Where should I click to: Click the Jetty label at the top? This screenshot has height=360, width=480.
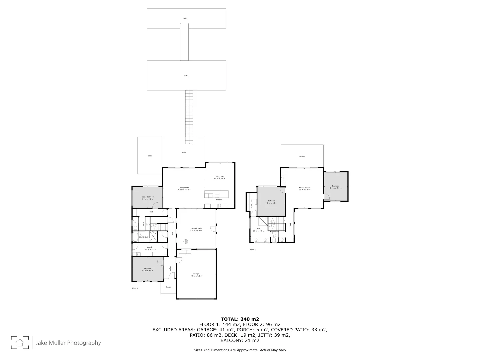click(x=185, y=18)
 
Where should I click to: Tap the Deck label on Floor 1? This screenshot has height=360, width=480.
click(x=150, y=156)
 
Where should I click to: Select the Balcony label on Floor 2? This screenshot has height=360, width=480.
click(x=302, y=156)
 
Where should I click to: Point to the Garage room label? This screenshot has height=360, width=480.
click(x=196, y=274)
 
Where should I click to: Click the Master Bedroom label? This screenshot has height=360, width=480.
click(x=147, y=197)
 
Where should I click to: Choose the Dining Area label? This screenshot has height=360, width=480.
click(x=219, y=177)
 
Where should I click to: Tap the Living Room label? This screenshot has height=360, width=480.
click(x=184, y=188)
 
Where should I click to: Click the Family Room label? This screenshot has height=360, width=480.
click(x=304, y=188)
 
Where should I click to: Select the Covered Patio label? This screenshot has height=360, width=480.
click(x=196, y=228)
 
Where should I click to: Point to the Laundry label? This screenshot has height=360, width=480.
click(x=150, y=247)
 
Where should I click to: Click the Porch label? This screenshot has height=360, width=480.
click(x=168, y=287)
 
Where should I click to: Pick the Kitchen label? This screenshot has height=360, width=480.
click(x=219, y=200)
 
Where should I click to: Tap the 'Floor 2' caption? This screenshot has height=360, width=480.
click(x=253, y=249)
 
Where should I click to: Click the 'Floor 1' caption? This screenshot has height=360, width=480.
click(x=135, y=288)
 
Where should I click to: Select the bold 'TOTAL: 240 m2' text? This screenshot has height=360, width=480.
click(x=240, y=319)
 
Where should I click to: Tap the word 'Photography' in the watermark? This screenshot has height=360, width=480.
click(x=84, y=343)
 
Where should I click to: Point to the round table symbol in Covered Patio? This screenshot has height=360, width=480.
click(x=186, y=241)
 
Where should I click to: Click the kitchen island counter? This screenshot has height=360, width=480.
click(x=217, y=194)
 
